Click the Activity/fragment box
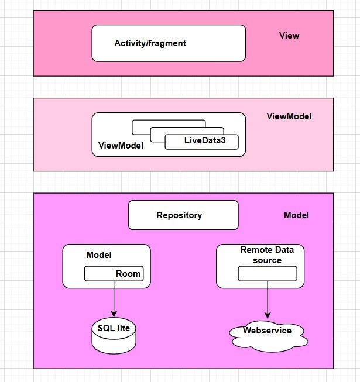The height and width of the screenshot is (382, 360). pyautogui.click(x=169, y=43)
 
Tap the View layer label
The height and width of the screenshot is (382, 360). pyautogui.click(x=289, y=36)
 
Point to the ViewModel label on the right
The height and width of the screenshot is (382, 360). pyautogui.click(x=289, y=116)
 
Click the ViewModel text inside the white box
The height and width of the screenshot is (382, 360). pyautogui.click(x=121, y=146)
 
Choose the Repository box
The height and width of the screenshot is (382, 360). pyautogui.click(x=183, y=215)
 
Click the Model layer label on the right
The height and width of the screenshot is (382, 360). pyautogui.click(x=296, y=215)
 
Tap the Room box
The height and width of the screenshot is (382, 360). pyautogui.click(x=114, y=274)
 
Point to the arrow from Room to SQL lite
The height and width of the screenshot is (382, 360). pyautogui.click(x=114, y=298)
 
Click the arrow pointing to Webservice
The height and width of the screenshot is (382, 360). pyautogui.click(x=268, y=300)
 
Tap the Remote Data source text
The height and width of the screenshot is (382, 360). pyautogui.click(x=268, y=255)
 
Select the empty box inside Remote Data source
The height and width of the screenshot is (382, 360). pyautogui.click(x=268, y=274)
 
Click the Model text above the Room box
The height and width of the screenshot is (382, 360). pyautogui.click(x=99, y=255)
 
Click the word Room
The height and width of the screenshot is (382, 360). pyautogui.click(x=128, y=274)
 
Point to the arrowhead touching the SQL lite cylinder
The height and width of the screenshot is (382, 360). pyautogui.click(x=114, y=314)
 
